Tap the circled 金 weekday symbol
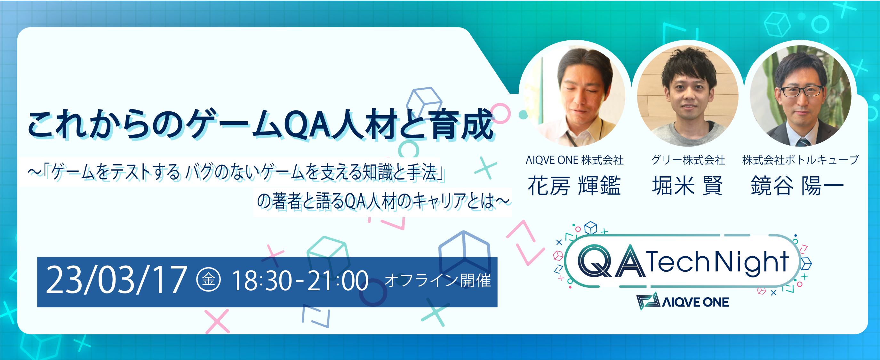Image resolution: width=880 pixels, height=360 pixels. tap(208, 280)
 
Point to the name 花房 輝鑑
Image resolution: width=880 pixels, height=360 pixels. tap(574, 186)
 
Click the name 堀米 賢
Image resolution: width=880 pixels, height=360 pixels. tap(687, 186)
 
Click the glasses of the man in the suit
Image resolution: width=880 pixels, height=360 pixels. tap(801, 91)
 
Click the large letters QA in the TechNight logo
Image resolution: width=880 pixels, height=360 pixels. tap(611, 261)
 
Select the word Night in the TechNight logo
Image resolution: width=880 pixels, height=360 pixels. tap(751, 262)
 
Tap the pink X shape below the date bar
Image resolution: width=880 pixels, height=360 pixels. tap(217, 321)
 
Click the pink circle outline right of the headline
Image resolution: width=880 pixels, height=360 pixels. tap(500, 113)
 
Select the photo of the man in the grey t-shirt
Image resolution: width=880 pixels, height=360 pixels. tap(688, 96)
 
